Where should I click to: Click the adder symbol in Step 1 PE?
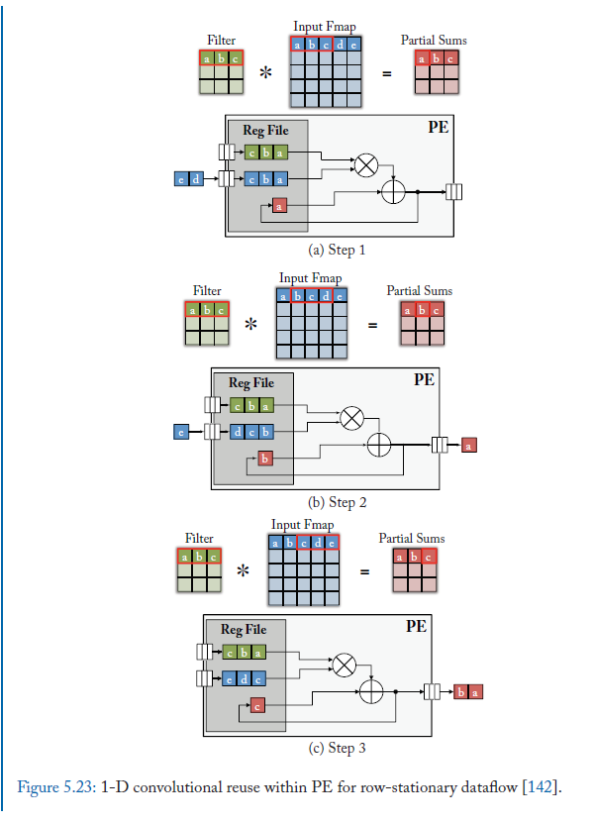pos(393,191)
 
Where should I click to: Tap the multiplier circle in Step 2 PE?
pos(350,418)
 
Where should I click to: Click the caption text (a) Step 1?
pos(338,251)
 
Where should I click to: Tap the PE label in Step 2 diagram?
pos(424,379)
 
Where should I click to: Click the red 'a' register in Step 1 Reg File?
pos(279,206)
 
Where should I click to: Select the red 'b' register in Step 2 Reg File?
pos(264,458)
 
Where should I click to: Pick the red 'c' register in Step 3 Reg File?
pos(256,705)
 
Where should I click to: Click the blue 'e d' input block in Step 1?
pos(188,178)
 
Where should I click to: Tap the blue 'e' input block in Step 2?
pos(181,432)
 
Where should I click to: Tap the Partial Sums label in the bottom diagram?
pos(412,539)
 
